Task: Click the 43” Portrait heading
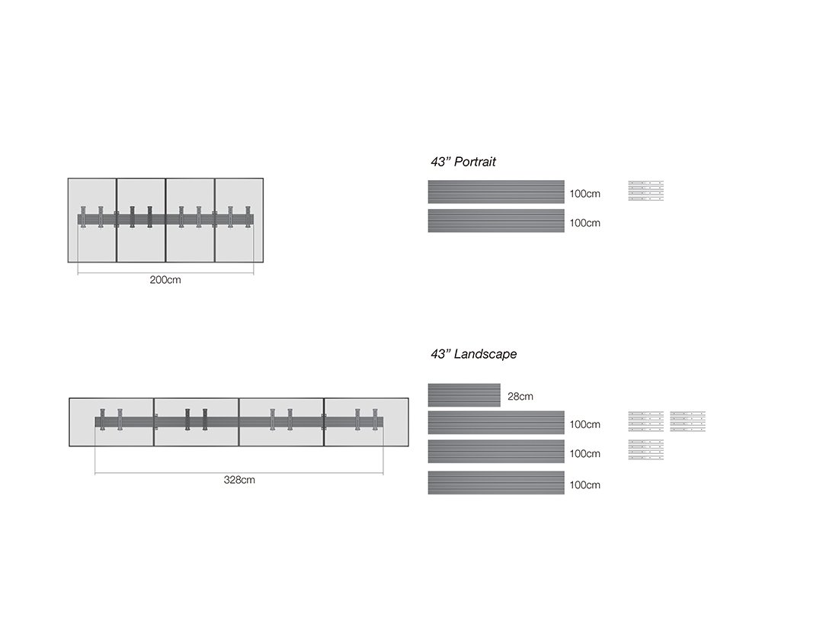point(463,162)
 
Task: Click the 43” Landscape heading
point(473,354)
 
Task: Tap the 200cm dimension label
point(165,280)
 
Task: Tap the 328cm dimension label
point(239,480)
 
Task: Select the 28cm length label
point(520,396)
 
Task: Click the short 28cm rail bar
point(464,395)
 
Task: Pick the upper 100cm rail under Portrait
point(496,192)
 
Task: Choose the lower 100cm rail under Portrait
point(496,220)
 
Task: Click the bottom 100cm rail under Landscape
point(496,483)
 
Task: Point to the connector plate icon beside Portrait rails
point(646,191)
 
